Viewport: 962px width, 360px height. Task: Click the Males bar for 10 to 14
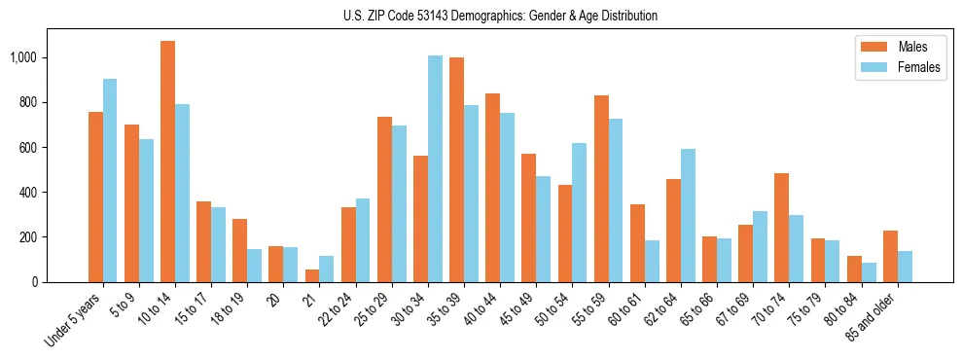point(167,162)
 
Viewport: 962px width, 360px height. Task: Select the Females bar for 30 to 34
point(435,168)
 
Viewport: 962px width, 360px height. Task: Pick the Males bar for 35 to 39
point(456,169)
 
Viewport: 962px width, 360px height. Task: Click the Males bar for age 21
point(312,275)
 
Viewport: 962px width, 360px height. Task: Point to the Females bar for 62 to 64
point(688,215)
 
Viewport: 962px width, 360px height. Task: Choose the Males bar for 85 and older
point(890,256)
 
